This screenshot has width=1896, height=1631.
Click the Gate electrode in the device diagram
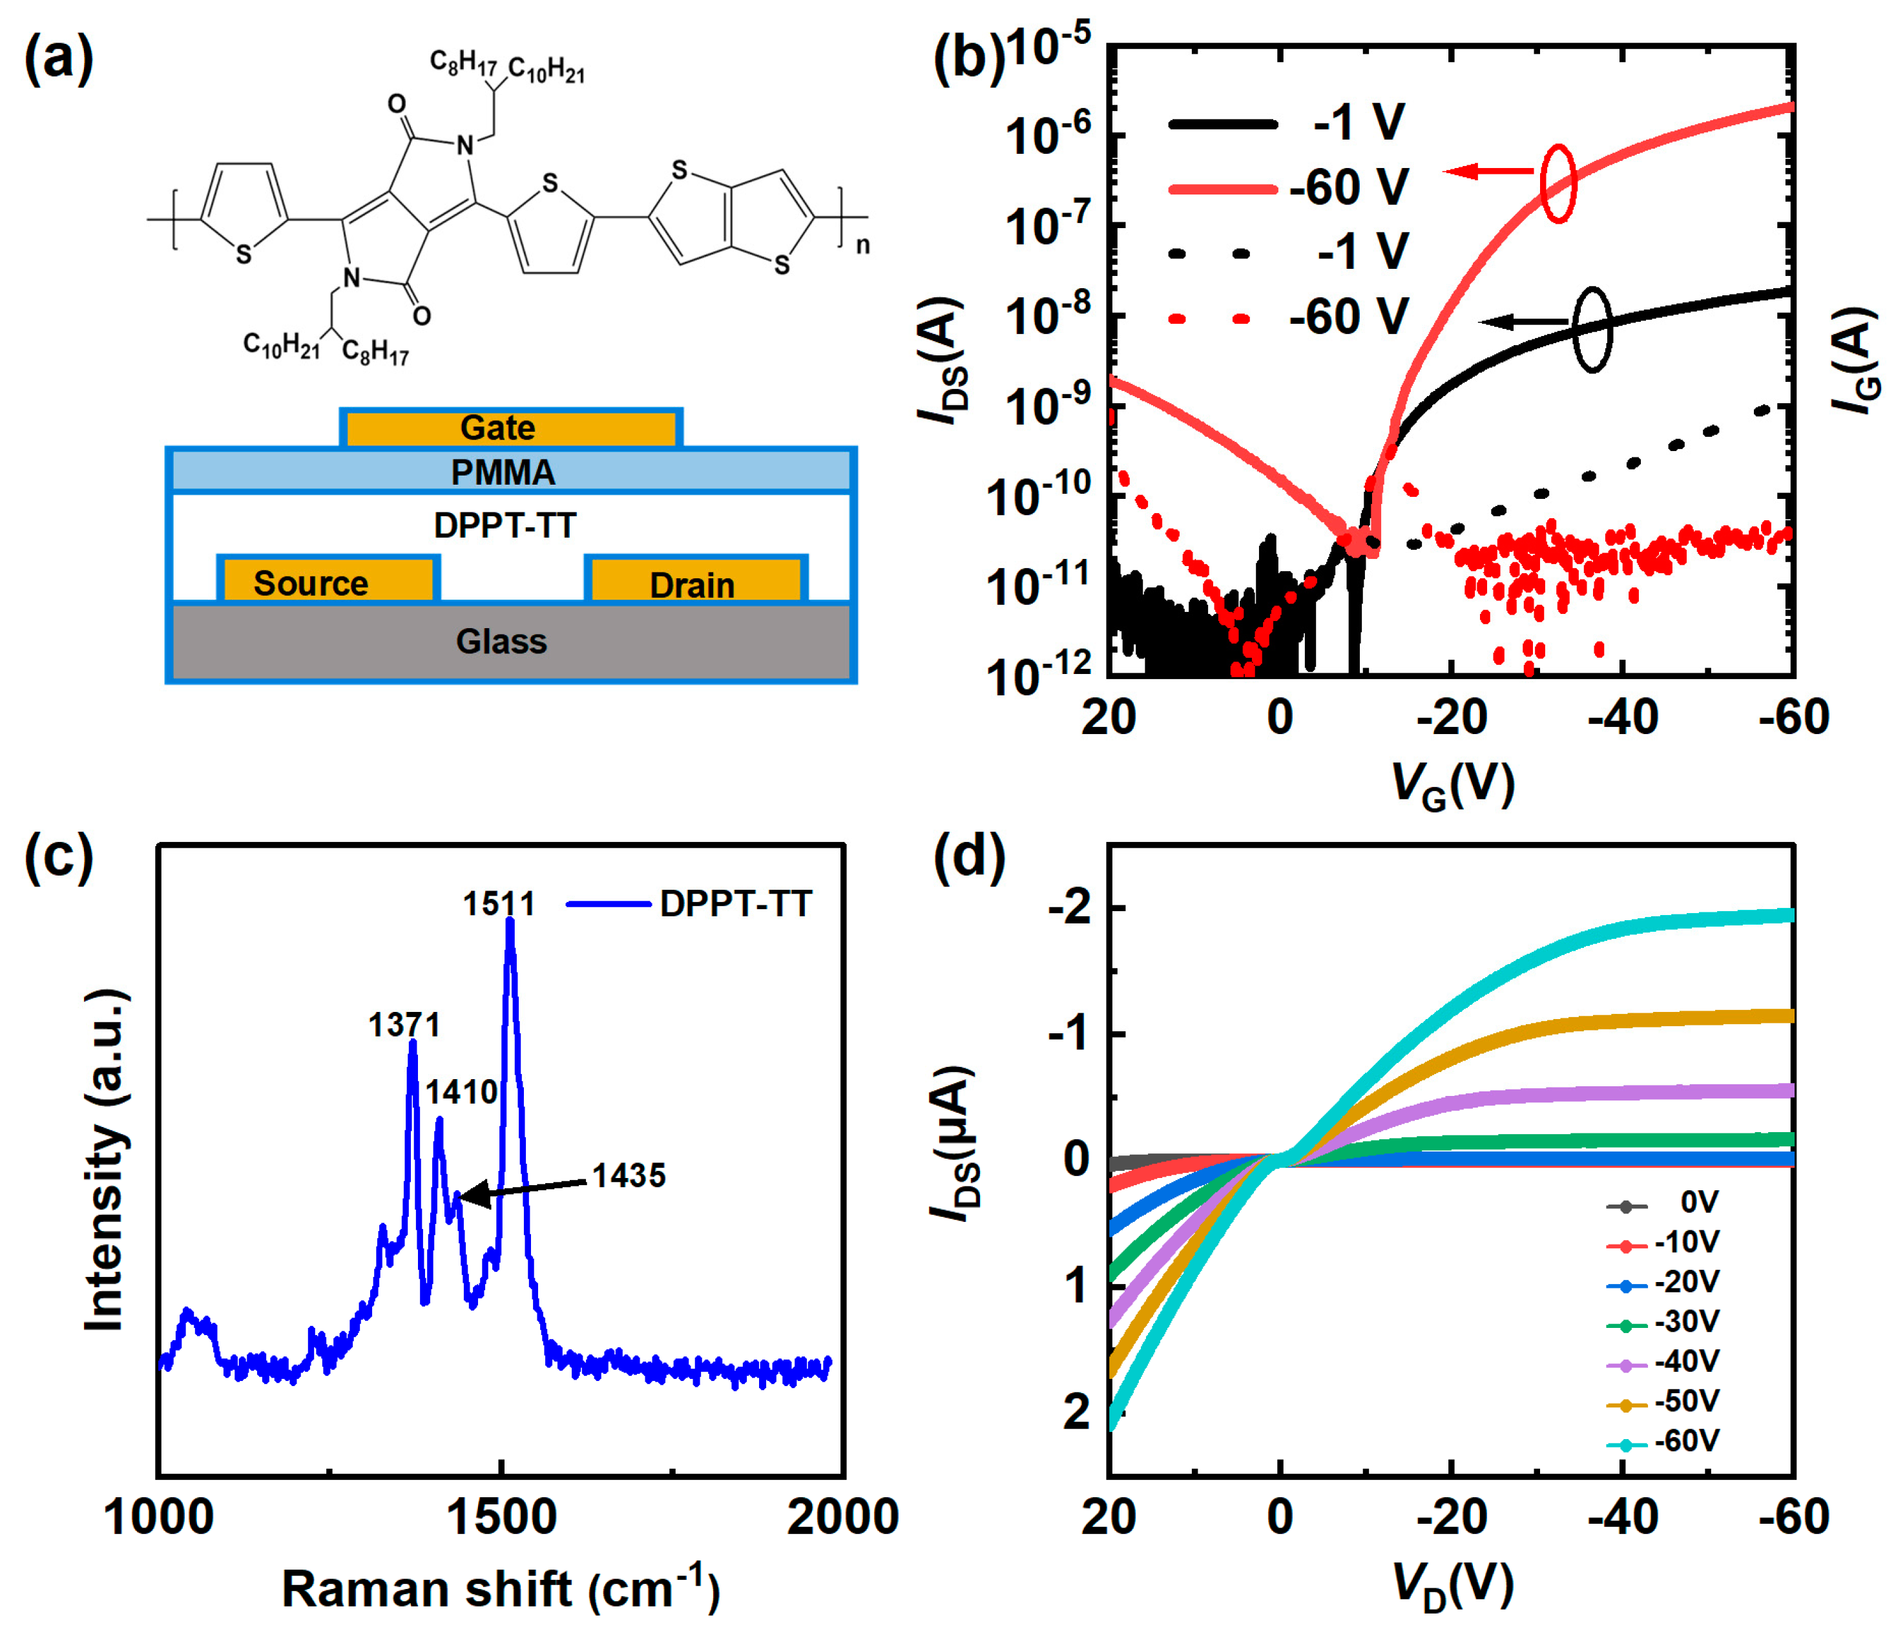[x=510, y=427]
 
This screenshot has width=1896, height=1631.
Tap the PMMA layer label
[x=503, y=472]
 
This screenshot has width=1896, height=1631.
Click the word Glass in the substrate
[x=501, y=642]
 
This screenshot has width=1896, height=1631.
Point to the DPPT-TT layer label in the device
[x=505, y=525]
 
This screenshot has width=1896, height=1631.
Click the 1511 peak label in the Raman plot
[x=499, y=904]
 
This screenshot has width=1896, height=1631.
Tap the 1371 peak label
[x=404, y=1025]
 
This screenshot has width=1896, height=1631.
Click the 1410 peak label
[x=462, y=1092]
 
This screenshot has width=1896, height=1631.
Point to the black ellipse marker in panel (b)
[x=1592, y=330]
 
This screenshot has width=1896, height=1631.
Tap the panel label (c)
[x=59, y=857]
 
